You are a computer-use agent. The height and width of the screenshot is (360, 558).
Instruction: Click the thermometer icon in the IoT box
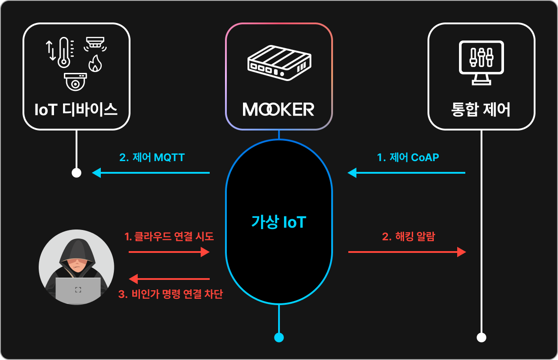tap(64, 52)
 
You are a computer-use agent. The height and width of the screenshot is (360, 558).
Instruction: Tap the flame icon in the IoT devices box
tap(95, 63)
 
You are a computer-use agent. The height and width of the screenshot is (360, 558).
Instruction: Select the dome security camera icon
tap(75, 82)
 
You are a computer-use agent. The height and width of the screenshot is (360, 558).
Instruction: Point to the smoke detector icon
tap(95, 44)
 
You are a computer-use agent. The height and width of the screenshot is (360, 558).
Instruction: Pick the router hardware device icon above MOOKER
tap(279, 63)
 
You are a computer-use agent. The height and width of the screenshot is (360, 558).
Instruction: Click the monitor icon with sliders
tap(481, 63)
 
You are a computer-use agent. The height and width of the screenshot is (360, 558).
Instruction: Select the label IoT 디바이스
tap(76, 109)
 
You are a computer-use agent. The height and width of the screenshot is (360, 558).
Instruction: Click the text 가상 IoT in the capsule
tap(279, 222)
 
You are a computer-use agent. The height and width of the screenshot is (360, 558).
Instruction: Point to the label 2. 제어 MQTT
tap(152, 157)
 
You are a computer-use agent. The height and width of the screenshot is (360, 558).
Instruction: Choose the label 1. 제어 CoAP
tap(408, 157)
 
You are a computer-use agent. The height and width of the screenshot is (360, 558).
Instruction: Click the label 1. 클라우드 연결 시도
tap(169, 236)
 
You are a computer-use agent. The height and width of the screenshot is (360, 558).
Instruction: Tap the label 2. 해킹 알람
tap(409, 236)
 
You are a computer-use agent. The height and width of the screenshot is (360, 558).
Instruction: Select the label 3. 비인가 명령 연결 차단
tap(171, 294)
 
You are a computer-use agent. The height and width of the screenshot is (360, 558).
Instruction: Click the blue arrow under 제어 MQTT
tap(151, 173)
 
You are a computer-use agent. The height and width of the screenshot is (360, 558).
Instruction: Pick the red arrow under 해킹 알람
tap(407, 252)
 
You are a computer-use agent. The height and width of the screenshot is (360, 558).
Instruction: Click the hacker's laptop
tap(78, 290)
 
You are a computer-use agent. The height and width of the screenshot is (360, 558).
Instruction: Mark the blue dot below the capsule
tap(279, 337)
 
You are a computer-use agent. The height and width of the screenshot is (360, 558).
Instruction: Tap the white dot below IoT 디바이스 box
tap(76, 173)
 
